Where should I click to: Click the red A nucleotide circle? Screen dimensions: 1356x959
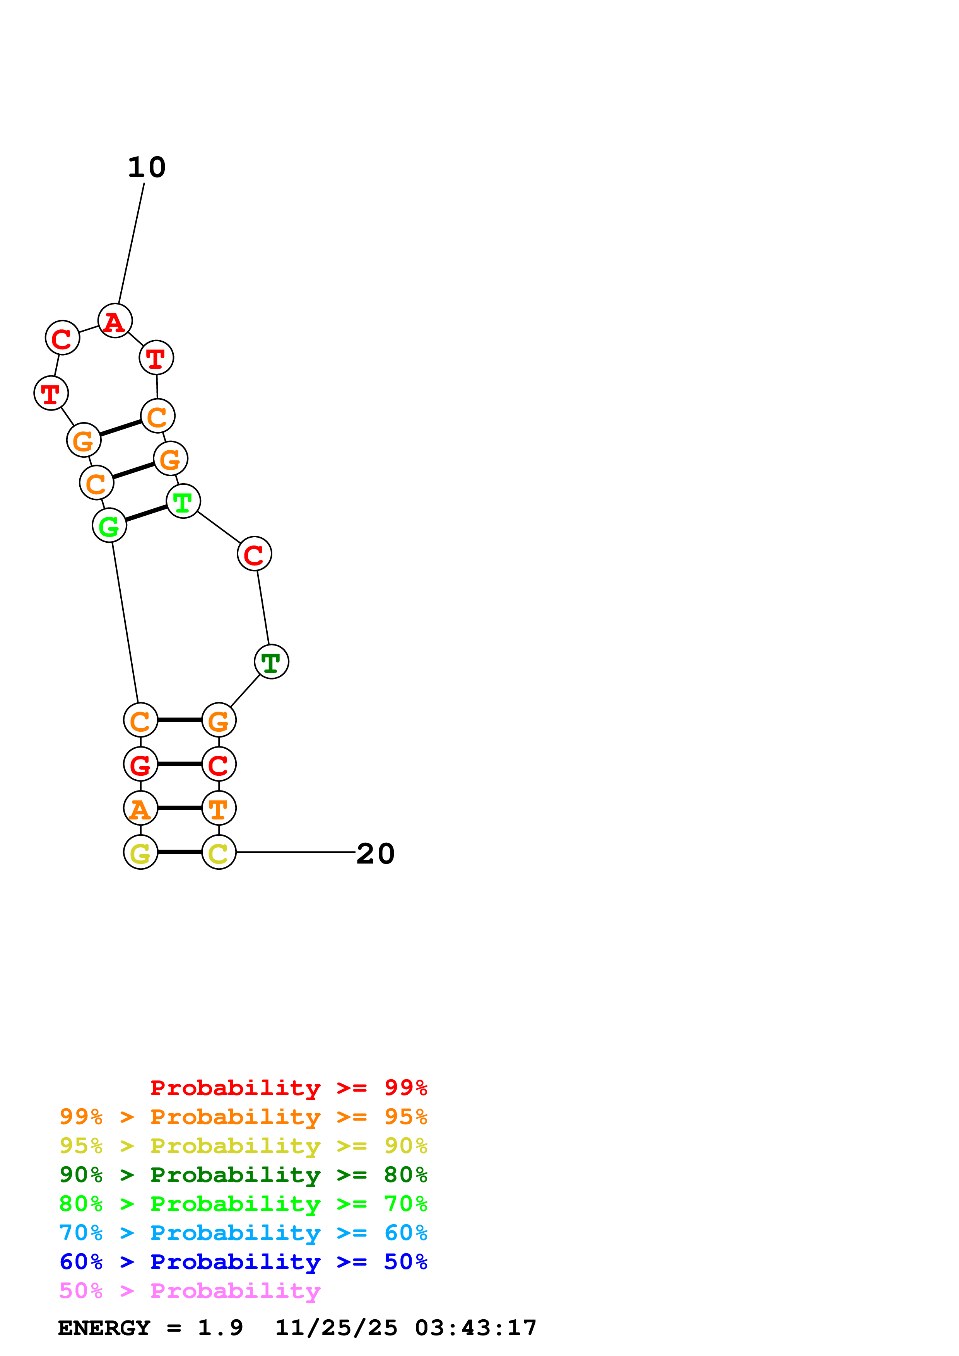coord(115,321)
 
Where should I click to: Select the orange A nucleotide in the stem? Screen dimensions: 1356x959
coord(141,808)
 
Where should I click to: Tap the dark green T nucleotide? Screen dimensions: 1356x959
coord(271,662)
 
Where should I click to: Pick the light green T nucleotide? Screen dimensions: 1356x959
coord(183,501)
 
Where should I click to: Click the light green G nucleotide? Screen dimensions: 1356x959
coord(109,525)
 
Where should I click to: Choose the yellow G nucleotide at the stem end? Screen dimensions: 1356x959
coord(141,852)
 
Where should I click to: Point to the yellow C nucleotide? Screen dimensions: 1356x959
coord(219,852)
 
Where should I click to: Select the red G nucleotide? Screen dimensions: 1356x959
coord(141,764)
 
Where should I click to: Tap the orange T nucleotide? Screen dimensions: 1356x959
coord(219,808)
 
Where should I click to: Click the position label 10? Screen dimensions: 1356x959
coord(147,168)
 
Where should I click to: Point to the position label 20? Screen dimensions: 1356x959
coord(375,854)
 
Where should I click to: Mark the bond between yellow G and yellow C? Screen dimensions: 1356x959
coord(179,852)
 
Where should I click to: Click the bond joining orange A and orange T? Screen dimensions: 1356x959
coord(179,808)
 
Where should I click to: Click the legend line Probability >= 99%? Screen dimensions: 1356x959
coord(288,1088)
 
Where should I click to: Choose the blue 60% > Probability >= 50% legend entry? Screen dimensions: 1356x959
coord(243,1262)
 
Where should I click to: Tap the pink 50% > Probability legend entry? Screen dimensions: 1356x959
coord(190,1291)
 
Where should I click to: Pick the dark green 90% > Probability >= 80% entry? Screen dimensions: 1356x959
coord(243,1175)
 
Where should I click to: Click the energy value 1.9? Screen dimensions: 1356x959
coord(220,1328)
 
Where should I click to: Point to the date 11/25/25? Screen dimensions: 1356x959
coord(336,1328)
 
